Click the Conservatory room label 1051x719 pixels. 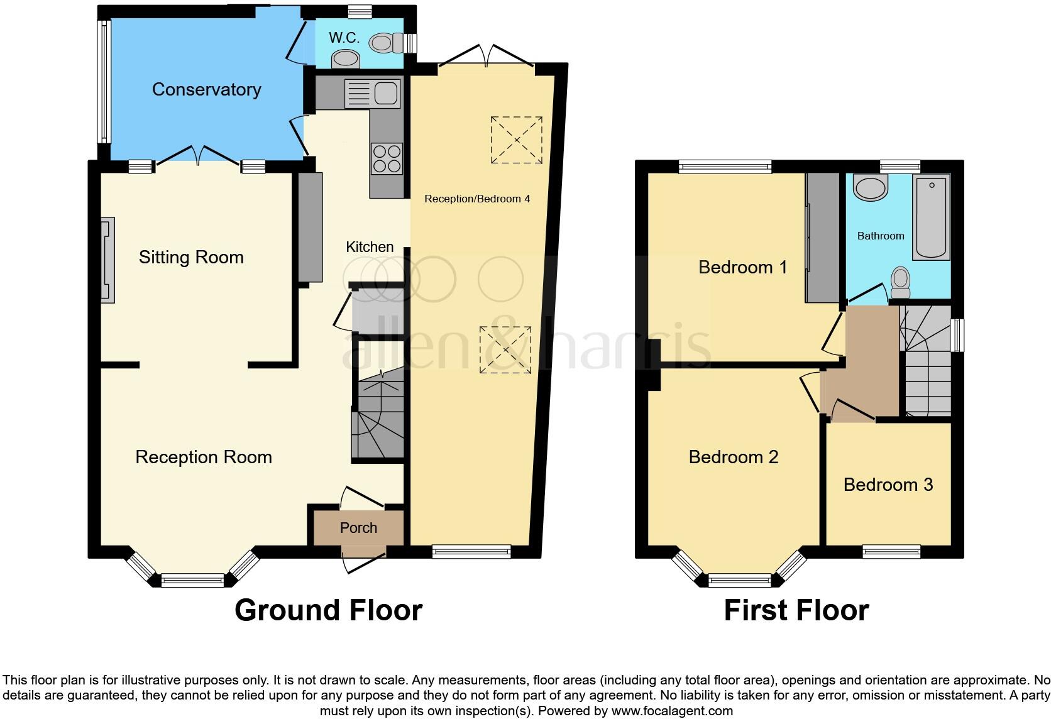(x=206, y=89)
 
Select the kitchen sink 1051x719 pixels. (x=373, y=94)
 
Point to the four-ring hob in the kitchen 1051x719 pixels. (x=387, y=158)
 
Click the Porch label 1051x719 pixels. (x=358, y=528)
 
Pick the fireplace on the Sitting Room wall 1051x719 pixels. (x=107, y=260)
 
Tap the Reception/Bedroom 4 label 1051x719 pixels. (x=477, y=199)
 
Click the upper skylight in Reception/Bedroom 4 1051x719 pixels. (x=516, y=140)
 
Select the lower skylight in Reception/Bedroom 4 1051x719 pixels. (x=505, y=350)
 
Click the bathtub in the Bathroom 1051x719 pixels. (x=931, y=217)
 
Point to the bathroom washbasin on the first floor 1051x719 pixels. (x=871, y=187)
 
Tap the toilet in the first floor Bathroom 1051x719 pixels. (x=901, y=283)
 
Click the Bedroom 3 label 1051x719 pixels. (x=888, y=485)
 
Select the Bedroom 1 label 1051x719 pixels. (x=742, y=267)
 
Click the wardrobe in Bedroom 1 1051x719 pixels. (x=823, y=238)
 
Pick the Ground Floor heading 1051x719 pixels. (x=328, y=610)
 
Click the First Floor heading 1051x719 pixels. (x=796, y=610)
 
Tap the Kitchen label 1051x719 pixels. (x=370, y=247)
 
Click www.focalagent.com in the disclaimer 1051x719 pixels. (x=672, y=711)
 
